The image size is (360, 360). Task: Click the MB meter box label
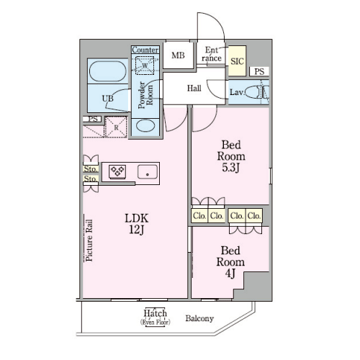click(178, 55)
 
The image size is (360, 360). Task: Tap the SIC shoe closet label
click(237, 61)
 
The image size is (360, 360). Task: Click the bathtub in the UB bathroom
click(108, 71)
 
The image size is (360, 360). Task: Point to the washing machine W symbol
click(145, 66)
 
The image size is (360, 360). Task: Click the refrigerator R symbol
click(116, 127)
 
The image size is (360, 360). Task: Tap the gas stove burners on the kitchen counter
click(117, 171)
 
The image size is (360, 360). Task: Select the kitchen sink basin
click(148, 172)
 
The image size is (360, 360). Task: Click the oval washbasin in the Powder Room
click(145, 125)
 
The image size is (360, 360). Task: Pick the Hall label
click(194, 88)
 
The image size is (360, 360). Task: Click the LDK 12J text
click(137, 224)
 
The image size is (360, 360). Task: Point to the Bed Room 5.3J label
click(231, 156)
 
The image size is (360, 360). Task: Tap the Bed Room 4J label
click(230, 262)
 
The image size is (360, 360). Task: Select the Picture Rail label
click(89, 240)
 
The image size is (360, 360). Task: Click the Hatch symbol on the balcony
click(156, 317)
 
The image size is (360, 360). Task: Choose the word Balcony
click(199, 318)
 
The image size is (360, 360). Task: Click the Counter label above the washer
click(145, 50)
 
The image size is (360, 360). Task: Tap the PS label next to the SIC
click(259, 71)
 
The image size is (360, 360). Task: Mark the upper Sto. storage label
click(91, 169)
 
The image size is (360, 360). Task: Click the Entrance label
click(212, 54)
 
